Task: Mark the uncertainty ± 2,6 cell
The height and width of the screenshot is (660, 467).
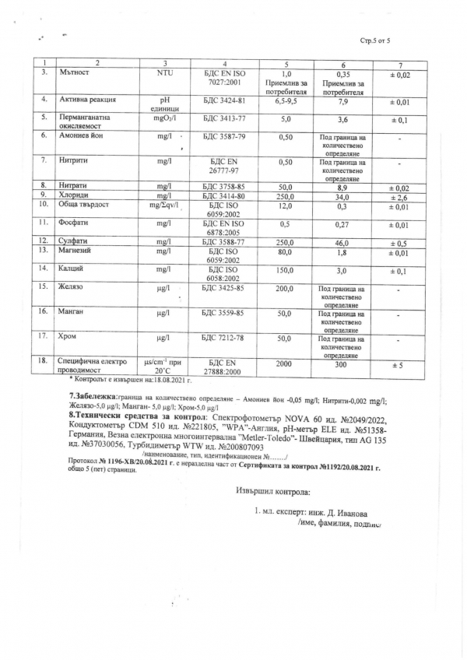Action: click(399, 198)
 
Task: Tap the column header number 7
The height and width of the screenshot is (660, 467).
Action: click(399, 62)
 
